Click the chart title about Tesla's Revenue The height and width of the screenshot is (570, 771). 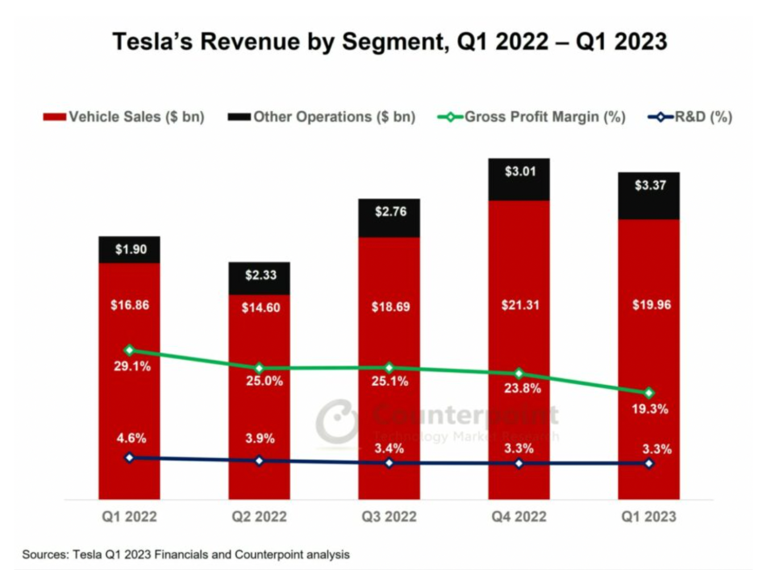coord(389,42)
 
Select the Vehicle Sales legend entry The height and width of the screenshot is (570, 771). coord(124,117)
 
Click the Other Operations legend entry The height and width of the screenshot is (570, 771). coord(322,117)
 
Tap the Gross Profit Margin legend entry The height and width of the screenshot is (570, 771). coord(531,117)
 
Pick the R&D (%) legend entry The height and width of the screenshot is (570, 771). coord(690,117)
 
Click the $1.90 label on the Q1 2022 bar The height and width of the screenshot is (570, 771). coord(131,249)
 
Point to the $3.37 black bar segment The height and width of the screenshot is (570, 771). coord(649,196)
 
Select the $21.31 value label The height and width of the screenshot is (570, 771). coord(520,305)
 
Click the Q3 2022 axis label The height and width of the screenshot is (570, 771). coord(389,517)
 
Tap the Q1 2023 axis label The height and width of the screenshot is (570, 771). coord(649,517)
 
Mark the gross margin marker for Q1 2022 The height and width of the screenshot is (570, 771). coord(130,350)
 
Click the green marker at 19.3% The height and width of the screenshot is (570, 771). coord(649,393)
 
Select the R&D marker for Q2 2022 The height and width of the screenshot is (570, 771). coord(259,461)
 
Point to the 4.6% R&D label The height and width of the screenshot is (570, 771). coord(131,438)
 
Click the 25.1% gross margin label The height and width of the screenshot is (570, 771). coord(390,381)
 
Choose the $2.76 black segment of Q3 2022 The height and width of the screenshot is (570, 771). coord(390,218)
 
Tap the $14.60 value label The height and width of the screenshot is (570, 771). coord(261,308)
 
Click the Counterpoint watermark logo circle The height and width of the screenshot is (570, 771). coord(337,421)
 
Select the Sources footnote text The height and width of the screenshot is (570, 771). coord(186,555)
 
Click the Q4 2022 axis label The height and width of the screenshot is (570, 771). coord(519,517)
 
